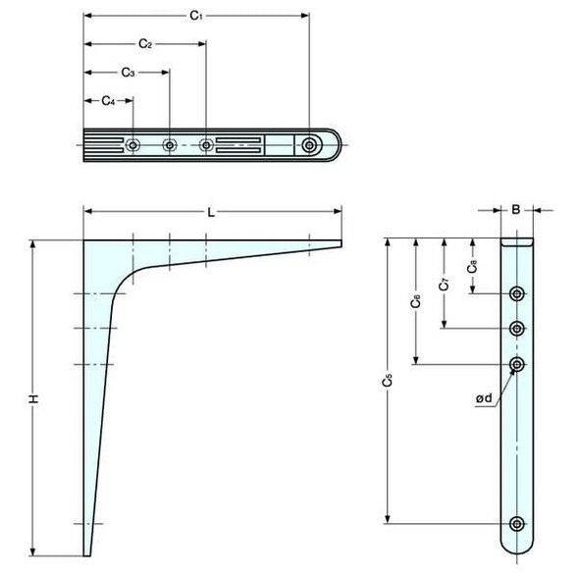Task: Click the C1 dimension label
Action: pos(195,17)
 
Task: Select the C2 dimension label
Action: pos(144,44)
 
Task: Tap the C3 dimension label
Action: pos(128,73)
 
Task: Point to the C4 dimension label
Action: pos(108,101)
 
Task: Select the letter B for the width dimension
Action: pos(516,209)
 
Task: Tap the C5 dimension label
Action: pos(388,379)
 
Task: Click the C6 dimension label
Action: pos(416,302)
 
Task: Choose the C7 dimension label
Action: pos(445,286)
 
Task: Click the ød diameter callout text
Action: pos(483,398)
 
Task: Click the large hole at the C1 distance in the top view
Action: pos(310,145)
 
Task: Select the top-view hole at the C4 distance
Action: pos(132,145)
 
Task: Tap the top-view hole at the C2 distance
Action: pos(206,145)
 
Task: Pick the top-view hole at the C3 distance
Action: pos(170,145)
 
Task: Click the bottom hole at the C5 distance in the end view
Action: pos(517,523)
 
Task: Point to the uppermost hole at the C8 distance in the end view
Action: pos(517,293)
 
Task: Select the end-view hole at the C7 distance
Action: pos(517,328)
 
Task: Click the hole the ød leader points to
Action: pos(517,364)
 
